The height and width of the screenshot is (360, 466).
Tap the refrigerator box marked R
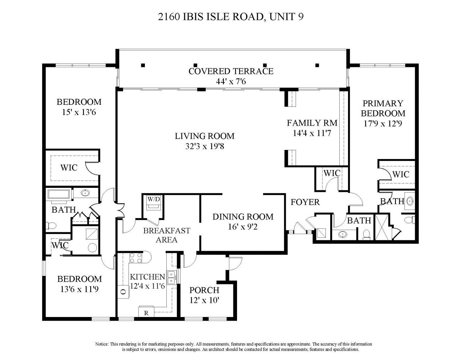[146, 312]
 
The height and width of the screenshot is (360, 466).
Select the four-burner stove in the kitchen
[136, 258]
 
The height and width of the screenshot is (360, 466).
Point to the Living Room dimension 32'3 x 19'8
[205, 146]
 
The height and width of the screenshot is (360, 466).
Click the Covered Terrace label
[231, 71]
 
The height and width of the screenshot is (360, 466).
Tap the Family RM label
[312, 123]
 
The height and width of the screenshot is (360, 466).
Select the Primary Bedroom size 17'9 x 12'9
[383, 123]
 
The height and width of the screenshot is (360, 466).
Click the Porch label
[204, 290]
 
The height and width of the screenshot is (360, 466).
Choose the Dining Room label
[243, 217]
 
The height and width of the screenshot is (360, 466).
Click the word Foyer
[305, 202]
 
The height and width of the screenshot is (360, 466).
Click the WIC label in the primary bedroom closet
[401, 174]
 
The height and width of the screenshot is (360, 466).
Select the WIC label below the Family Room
[332, 173]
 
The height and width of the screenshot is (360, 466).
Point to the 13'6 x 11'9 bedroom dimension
[79, 289]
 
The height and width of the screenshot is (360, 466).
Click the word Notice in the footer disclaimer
[102, 344]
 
